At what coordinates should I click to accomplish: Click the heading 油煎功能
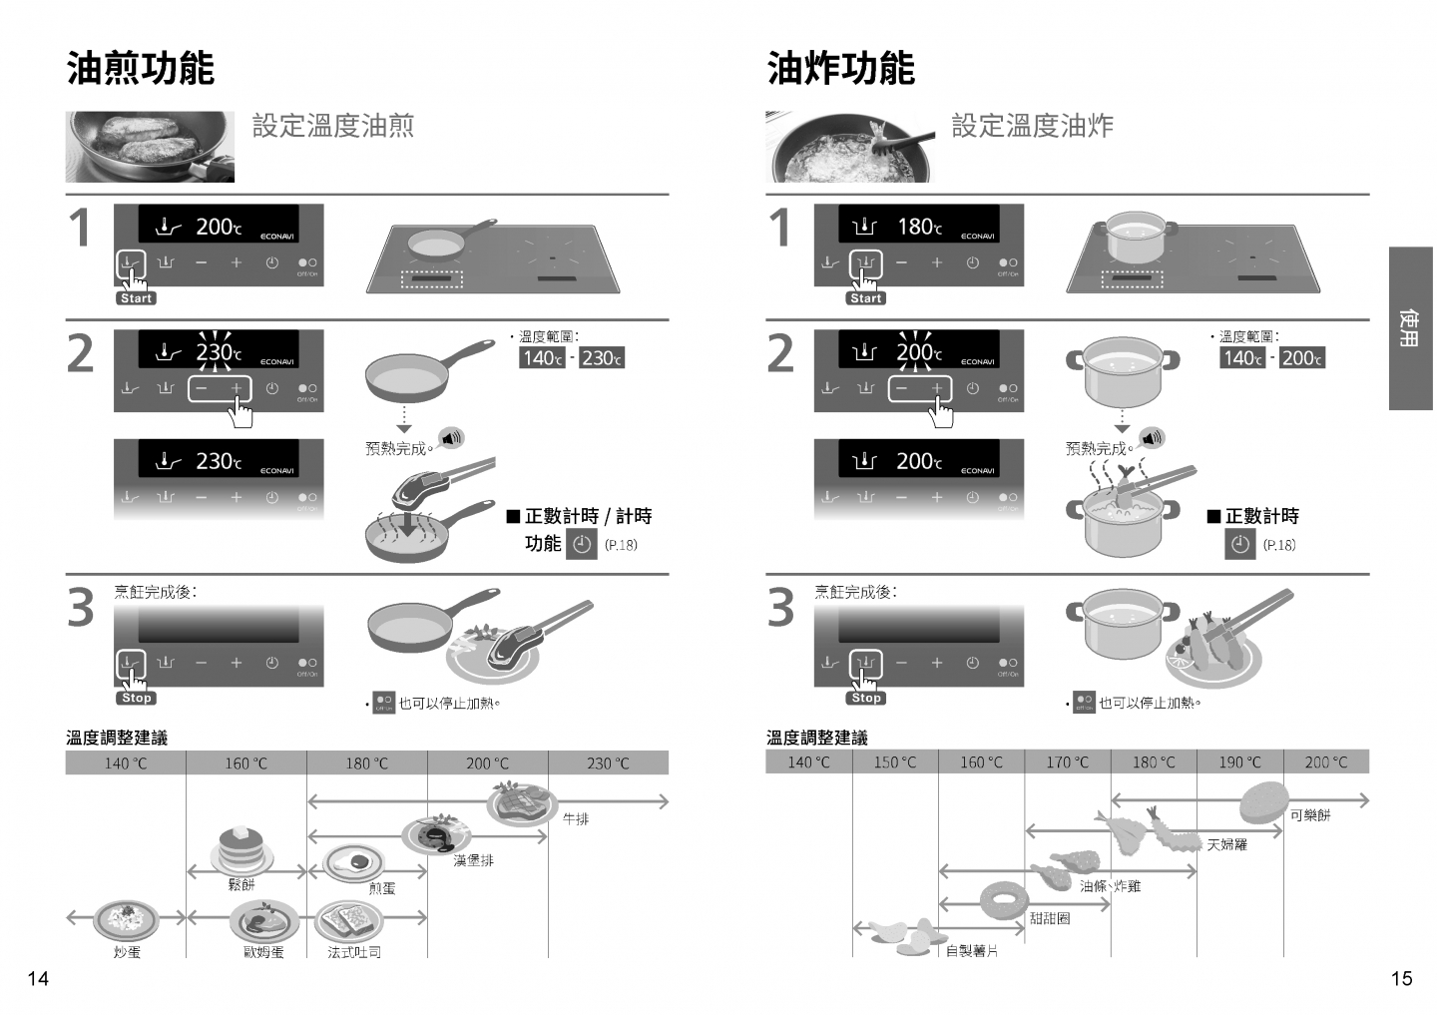pos(141,68)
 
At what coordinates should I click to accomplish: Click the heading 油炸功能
pos(841,68)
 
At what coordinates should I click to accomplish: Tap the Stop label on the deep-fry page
pos(866,699)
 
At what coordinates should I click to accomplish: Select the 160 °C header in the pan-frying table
pos(245,763)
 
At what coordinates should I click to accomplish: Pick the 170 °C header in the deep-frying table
pos(1068,762)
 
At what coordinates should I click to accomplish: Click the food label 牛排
pos(576,819)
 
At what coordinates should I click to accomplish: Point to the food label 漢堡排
pos(473,860)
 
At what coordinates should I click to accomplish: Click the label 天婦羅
pos(1227,844)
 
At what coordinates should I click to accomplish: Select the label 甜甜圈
pos(1050,918)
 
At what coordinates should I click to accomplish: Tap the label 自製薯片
pos(972,951)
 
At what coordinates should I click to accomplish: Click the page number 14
pos(37,979)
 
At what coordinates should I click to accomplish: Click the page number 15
pos(1401,979)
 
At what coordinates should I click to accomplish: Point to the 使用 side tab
pos(1410,328)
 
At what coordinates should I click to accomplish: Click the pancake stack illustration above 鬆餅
pos(240,849)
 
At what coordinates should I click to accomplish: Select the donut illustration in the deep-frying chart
pos(1002,901)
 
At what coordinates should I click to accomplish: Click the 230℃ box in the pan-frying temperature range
pos(602,358)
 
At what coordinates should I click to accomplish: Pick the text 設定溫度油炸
pos(1032,126)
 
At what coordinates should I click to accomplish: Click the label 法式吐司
pos(354,952)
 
